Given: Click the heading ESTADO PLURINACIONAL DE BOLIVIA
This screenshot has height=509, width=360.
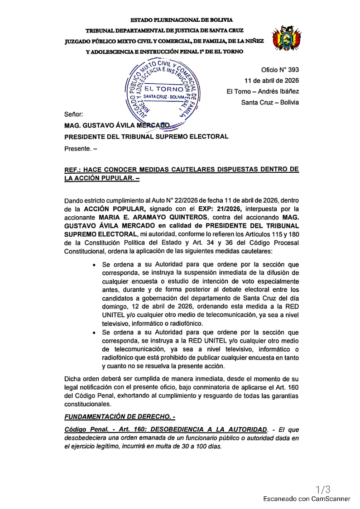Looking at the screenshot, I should pos(182,20).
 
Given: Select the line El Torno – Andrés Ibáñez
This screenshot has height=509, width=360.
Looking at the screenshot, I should pos(263,91).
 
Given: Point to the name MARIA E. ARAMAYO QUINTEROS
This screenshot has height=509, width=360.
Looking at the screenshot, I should pos(146,217).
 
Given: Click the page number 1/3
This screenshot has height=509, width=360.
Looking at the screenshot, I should pos(323,489).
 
